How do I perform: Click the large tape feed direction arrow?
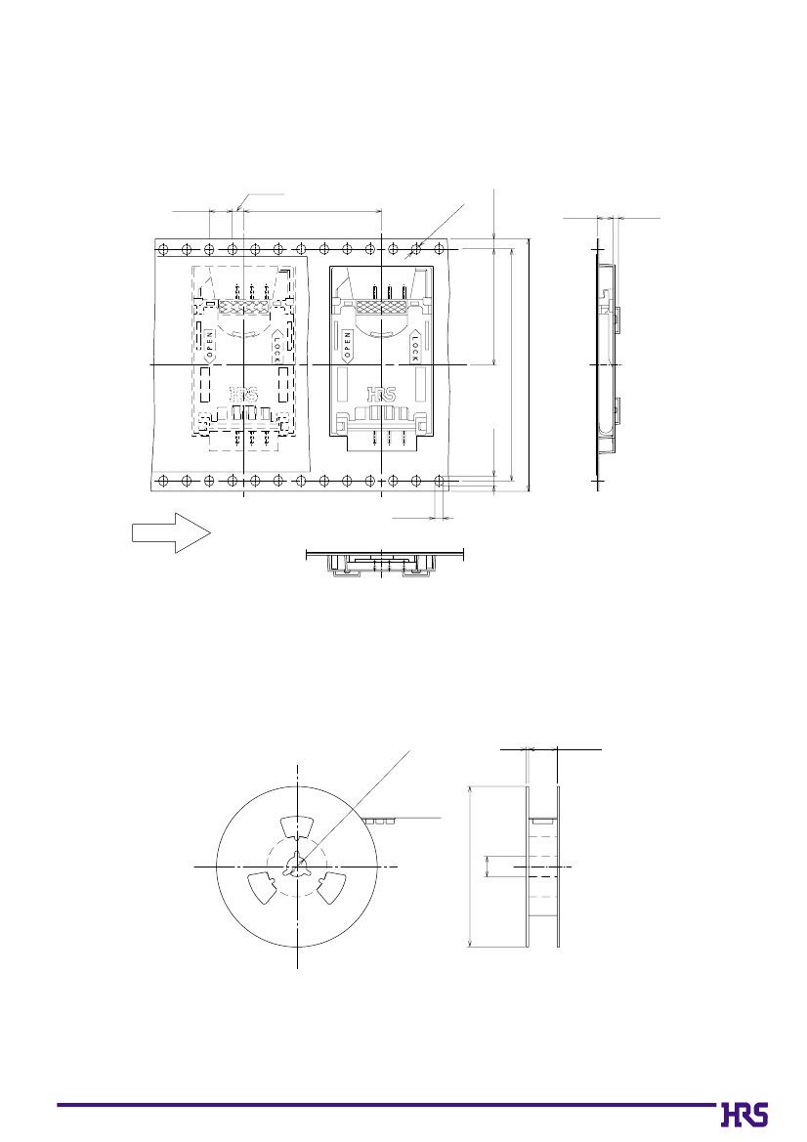click(171, 533)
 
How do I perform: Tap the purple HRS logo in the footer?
click(744, 1115)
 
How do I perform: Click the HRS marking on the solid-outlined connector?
click(382, 395)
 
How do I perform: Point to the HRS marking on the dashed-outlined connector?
click(244, 395)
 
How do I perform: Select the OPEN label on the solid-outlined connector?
click(348, 347)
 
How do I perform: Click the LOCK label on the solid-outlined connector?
click(414, 347)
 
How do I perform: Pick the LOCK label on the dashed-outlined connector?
click(277, 347)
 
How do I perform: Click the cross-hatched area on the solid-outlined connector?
click(382, 308)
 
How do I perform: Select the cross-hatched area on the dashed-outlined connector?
click(244, 308)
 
